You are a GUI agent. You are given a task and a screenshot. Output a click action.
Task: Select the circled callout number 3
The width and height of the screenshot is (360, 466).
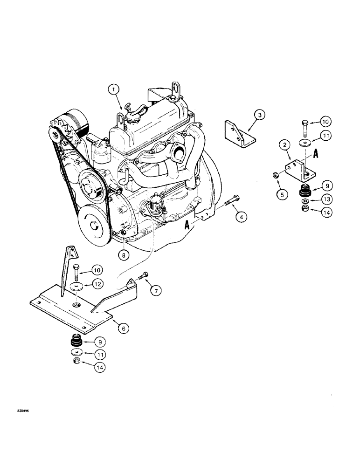[260, 115]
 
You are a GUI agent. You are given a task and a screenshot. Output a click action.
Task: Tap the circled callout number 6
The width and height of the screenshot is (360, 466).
[123, 328]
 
